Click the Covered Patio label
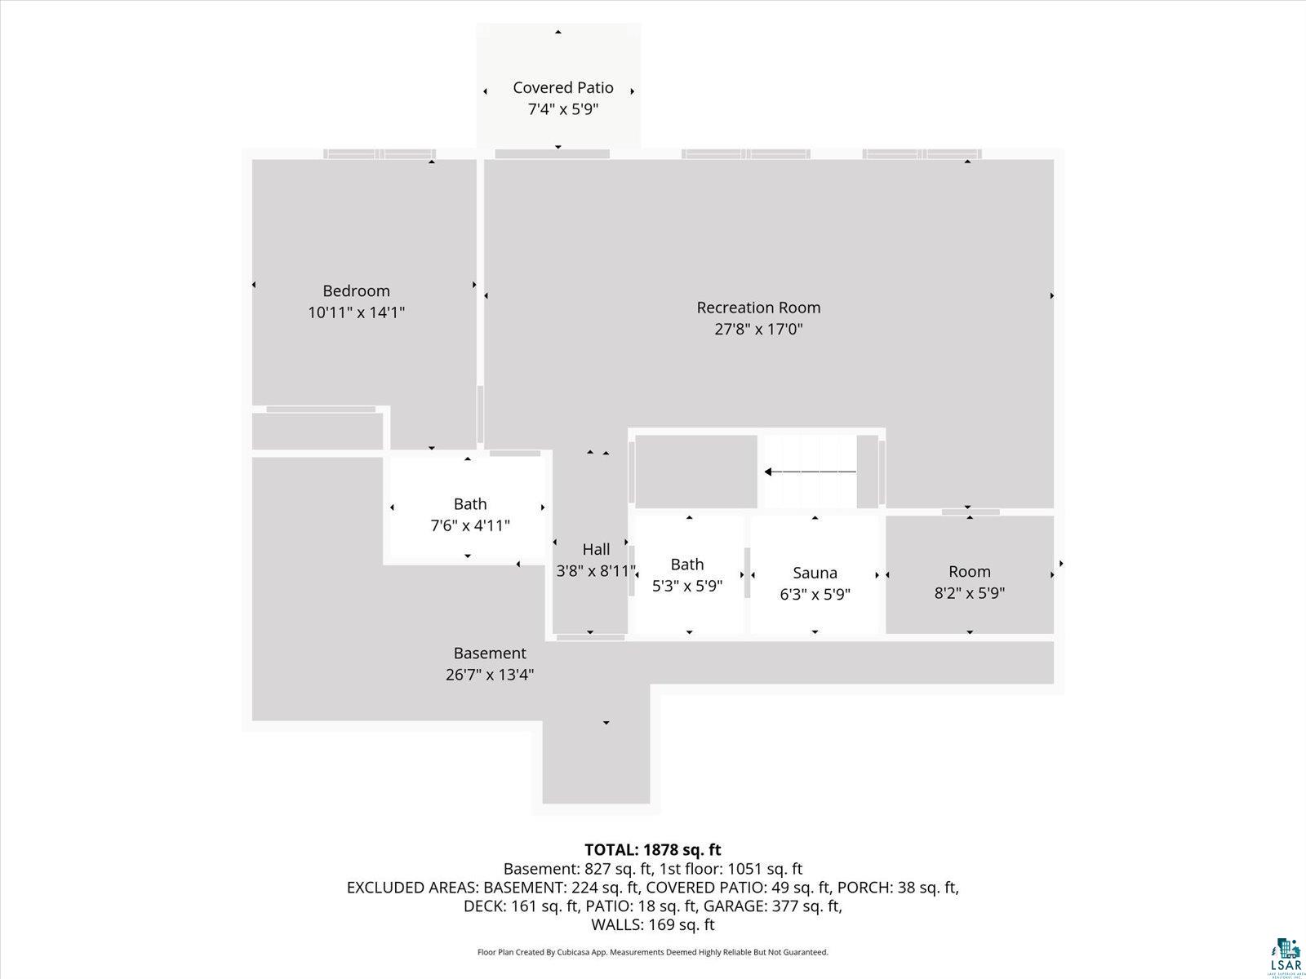[563, 88]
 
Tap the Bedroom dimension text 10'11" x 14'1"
[357, 312]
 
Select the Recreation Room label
[758, 308]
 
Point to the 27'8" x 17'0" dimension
[758, 330]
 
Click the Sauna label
[815, 573]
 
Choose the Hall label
[596, 549]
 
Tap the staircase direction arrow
[811, 472]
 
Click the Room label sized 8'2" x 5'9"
[969, 572]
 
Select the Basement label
[490, 653]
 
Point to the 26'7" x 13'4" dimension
[490, 675]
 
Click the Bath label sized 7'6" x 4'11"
[470, 504]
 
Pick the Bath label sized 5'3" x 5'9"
[687, 565]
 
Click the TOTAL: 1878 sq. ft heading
[653, 850]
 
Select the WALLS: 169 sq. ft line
[653, 925]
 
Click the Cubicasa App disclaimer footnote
[653, 952]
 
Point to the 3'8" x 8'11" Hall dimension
[596, 571]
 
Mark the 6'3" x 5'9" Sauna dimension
[815, 595]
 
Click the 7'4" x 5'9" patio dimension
[563, 109]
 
